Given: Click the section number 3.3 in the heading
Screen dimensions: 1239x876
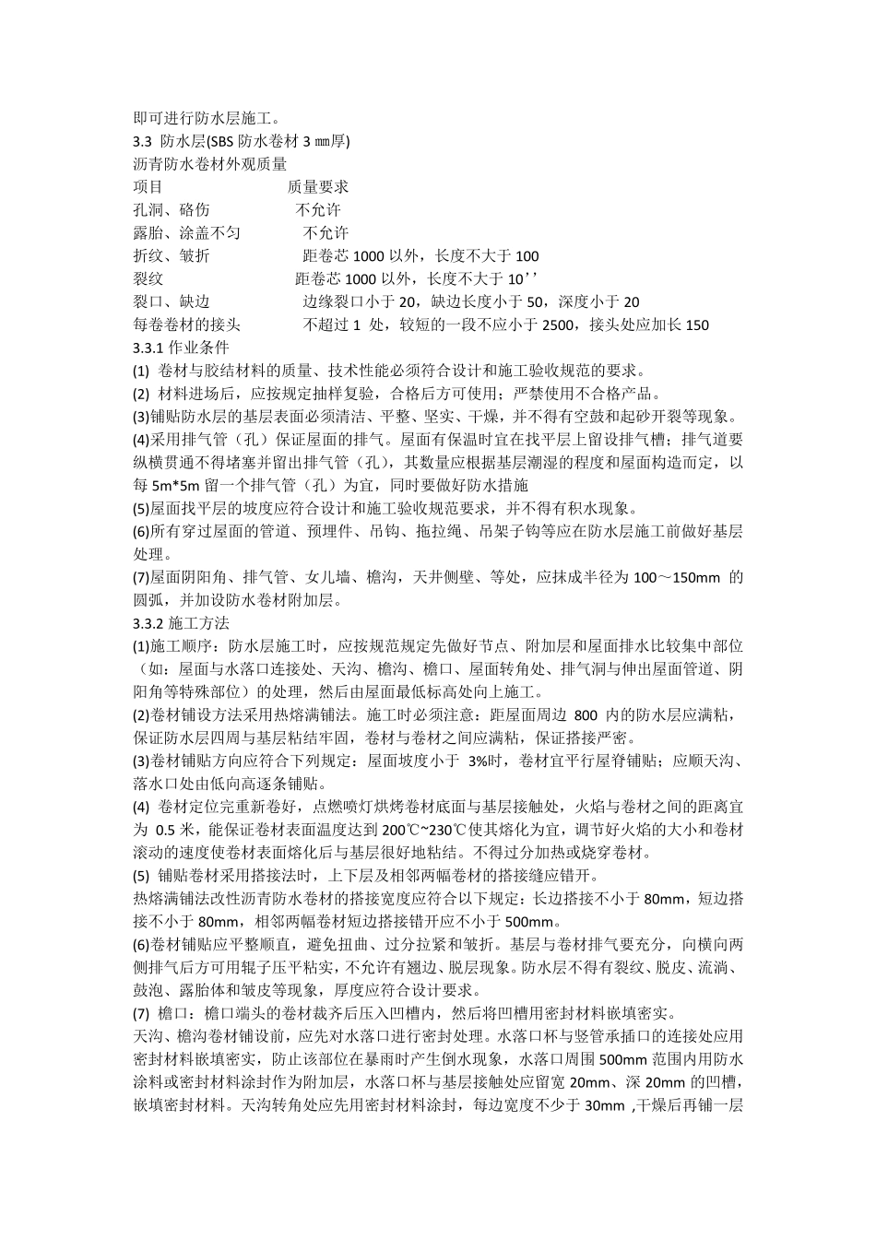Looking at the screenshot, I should [x=144, y=141].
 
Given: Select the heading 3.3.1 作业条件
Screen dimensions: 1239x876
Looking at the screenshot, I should [x=181, y=348].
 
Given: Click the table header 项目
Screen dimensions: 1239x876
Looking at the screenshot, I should [x=148, y=187].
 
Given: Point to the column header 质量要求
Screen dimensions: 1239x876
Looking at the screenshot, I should [x=317, y=187].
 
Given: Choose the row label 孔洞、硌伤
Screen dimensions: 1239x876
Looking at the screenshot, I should [x=172, y=210].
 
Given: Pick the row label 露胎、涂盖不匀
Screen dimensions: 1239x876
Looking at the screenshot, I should [x=187, y=233].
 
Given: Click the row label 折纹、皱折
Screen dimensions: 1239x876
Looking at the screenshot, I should [x=172, y=256].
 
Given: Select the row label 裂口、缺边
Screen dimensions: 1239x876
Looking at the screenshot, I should [x=172, y=301].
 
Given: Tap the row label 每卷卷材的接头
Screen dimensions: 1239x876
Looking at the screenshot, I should [x=187, y=324].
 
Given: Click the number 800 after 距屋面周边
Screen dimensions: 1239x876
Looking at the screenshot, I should [x=586, y=714].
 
